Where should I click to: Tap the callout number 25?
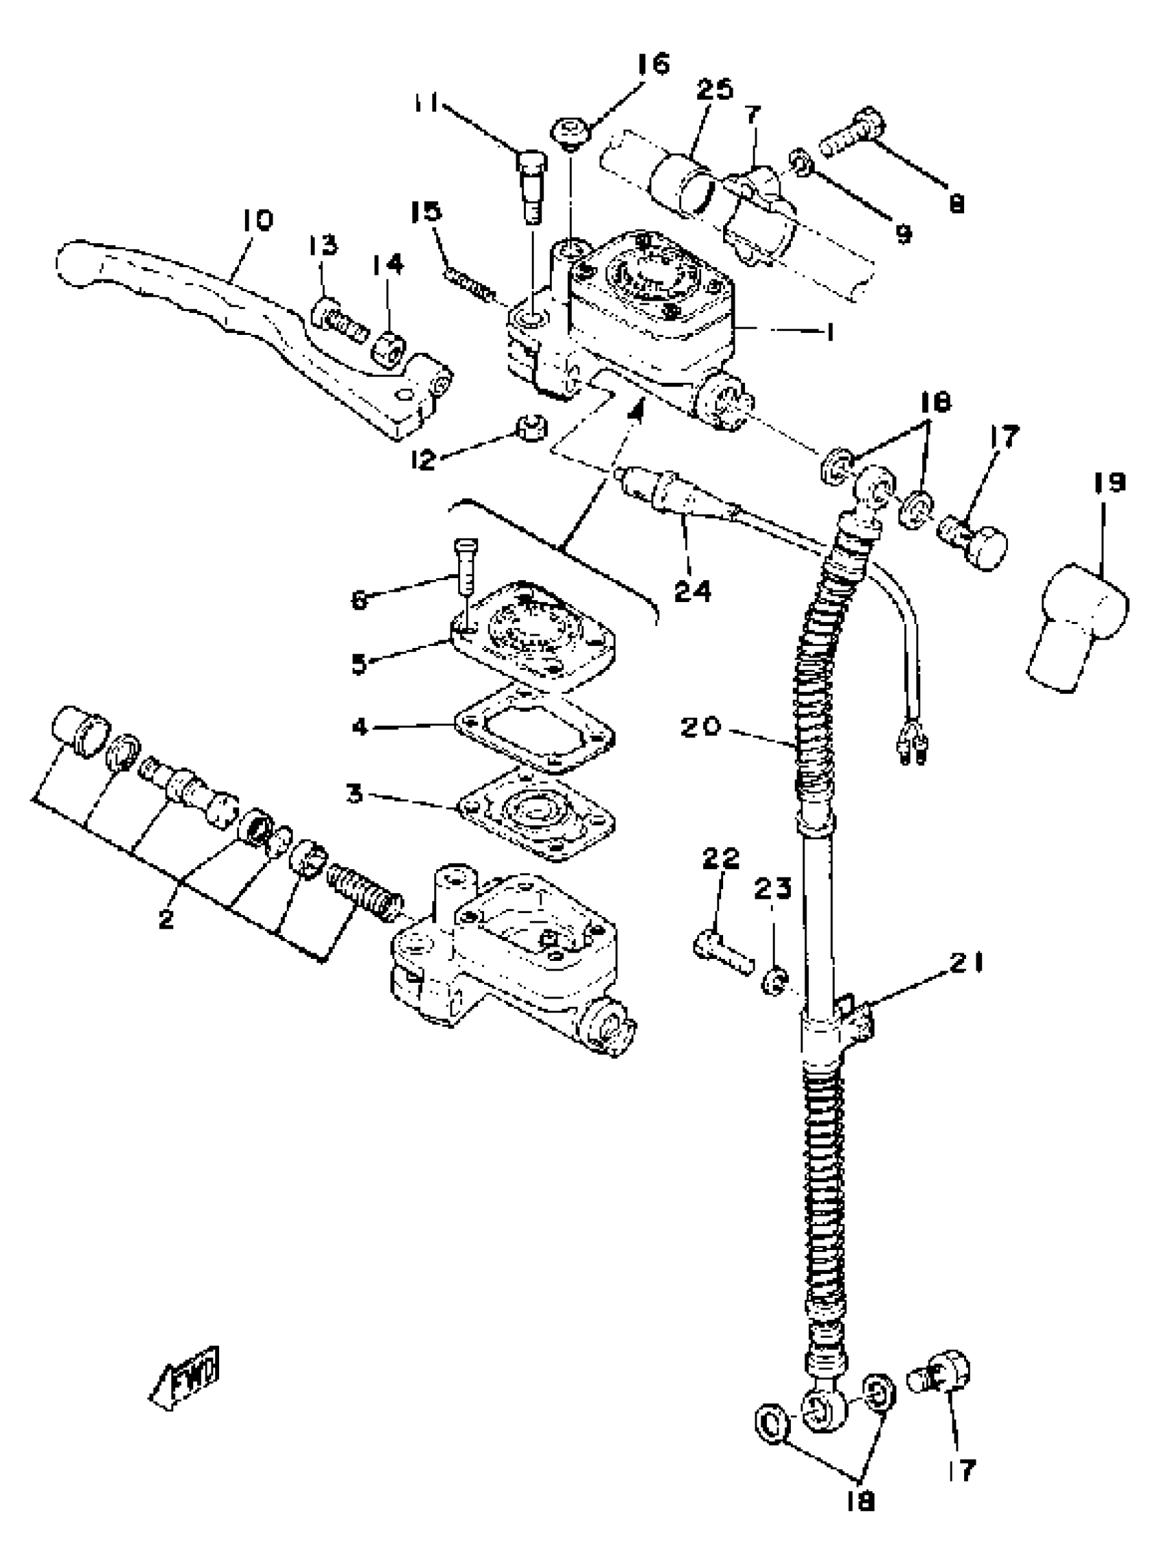click(715, 90)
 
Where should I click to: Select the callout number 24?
click(692, 590)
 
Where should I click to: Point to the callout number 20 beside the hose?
click(701, 727)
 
